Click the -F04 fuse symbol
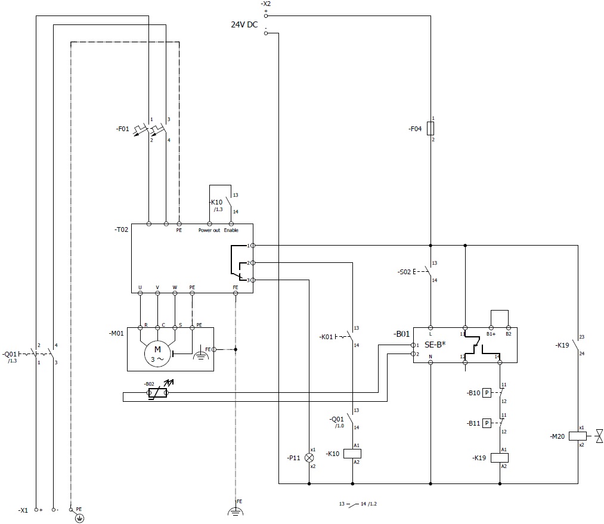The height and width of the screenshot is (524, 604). point(430,129)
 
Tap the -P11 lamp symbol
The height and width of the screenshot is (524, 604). point(309,457)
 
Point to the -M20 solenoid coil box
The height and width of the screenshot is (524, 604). point(577,436)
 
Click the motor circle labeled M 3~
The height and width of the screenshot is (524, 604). point(158,354)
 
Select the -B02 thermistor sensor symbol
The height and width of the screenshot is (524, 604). point(158,393)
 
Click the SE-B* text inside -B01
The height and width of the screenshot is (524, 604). point(435,345)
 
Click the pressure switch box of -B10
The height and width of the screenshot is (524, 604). point(487,392)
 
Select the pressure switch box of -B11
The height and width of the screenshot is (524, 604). point(487,423)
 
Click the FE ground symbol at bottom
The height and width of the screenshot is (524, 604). point(237,510)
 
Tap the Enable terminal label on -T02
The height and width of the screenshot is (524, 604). point(231,230)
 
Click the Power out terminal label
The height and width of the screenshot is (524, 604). point(209,230)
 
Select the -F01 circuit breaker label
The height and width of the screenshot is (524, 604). point(123,128)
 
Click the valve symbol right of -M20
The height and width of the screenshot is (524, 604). point(599,436)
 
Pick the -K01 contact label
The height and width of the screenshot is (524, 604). point(326,337)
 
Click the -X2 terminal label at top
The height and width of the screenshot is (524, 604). point(266,4)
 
